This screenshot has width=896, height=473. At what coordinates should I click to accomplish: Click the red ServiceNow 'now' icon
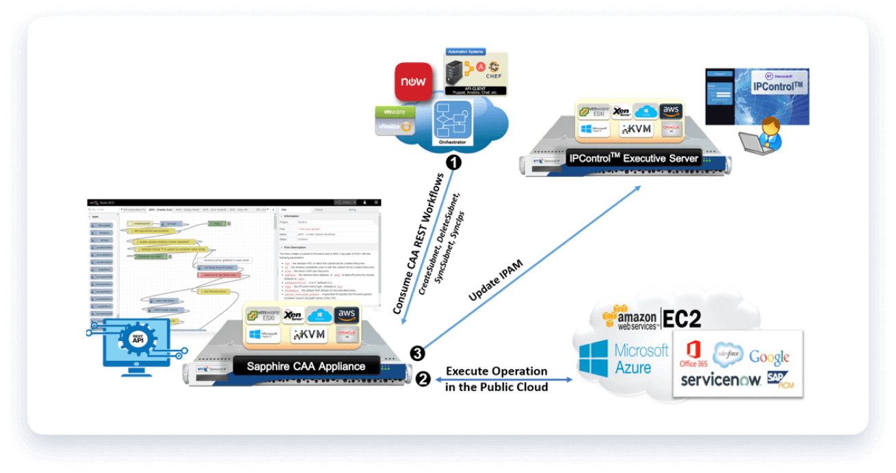point(413,82)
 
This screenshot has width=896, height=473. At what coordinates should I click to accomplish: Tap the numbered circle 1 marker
point(452,163)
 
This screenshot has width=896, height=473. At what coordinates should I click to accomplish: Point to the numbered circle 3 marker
point(417,353)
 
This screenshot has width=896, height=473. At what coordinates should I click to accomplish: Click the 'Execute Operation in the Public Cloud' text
point(497,379)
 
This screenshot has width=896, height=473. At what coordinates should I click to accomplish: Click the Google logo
point(769,356)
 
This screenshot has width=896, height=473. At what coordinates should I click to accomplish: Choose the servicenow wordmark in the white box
point(720,380)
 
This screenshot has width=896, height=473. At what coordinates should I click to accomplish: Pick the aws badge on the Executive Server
point(672,111)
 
